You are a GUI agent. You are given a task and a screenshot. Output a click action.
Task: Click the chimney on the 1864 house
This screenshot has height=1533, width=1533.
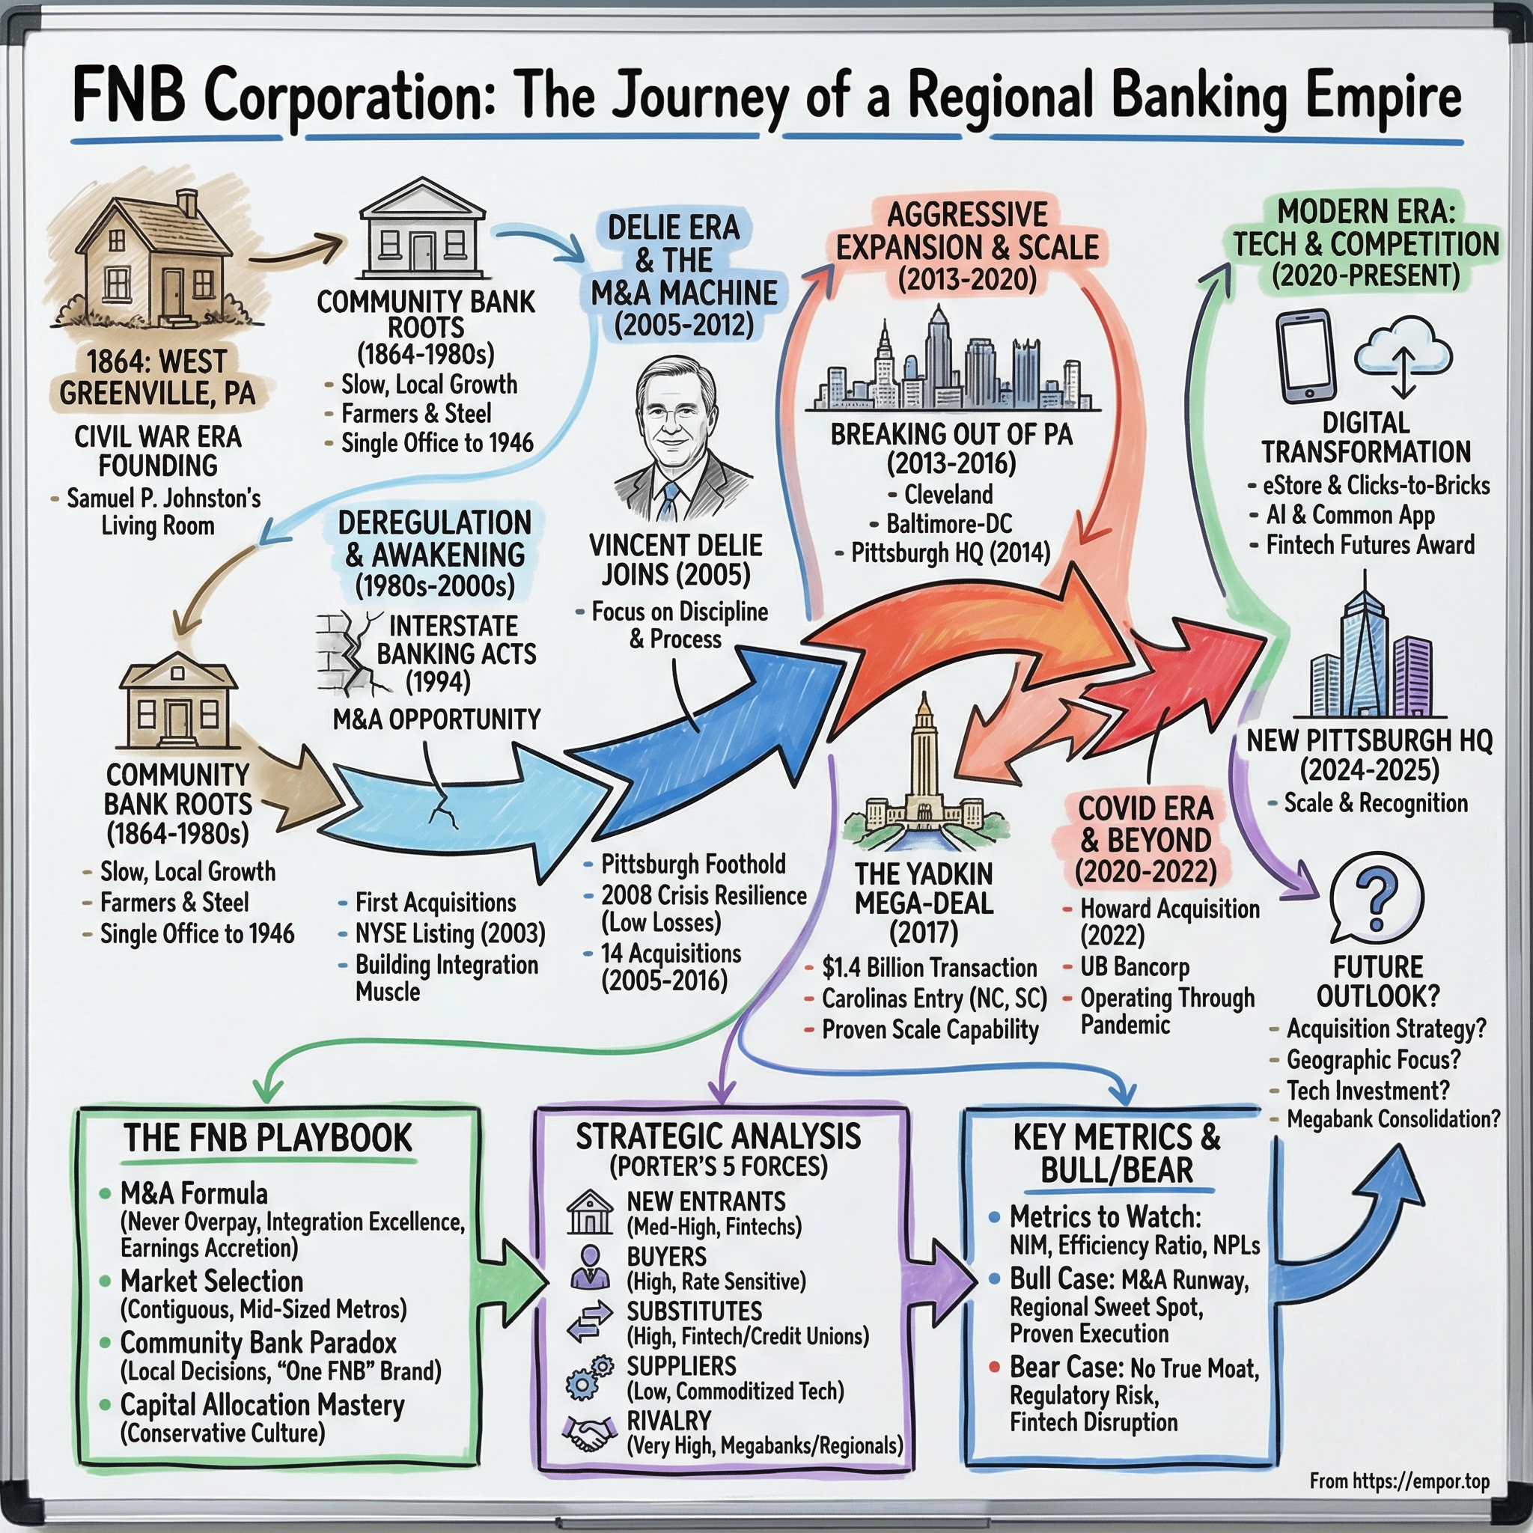[x=187, y=203]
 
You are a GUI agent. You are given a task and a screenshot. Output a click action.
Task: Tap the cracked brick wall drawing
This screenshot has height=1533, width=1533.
[x=343, y=653]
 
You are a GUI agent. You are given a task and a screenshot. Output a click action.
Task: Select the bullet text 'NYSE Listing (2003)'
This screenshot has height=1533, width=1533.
[x=450, y=934]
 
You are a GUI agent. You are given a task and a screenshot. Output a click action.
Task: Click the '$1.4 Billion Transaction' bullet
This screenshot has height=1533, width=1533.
[x=929, y=968]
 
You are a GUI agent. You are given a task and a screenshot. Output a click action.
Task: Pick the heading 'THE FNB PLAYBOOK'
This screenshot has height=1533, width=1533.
[x=268, y=1138]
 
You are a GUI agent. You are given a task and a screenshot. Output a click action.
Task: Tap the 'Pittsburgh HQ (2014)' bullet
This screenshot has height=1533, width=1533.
[x=950, y=552]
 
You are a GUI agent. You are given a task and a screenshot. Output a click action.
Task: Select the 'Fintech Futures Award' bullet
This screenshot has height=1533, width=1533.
[x=1370, y=545]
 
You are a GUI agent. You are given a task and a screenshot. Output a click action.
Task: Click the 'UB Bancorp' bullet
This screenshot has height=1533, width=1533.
[x=1135, y=967]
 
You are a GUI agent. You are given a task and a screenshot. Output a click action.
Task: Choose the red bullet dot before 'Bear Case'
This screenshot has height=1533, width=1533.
[x=993, y=1367]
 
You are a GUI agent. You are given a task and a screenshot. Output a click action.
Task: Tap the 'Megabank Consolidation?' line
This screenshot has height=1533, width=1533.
[x=1392, y=1120]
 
